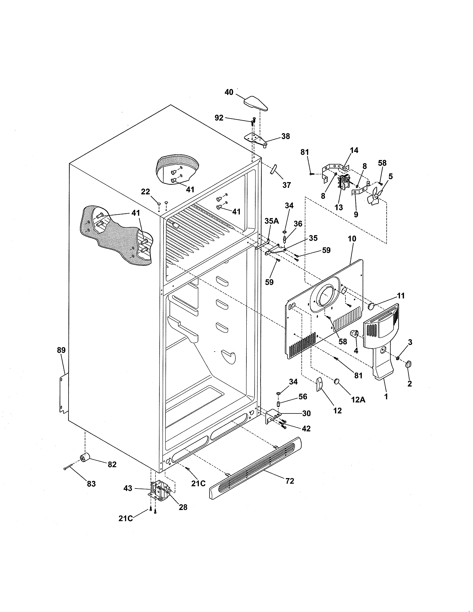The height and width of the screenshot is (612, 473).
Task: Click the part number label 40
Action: point(229,92)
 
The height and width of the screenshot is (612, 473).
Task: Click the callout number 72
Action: point(290,481)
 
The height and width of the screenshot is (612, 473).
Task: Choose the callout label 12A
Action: point(358,400)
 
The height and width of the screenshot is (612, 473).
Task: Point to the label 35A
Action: point(272,221)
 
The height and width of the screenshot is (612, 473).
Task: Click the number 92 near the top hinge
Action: point(219,118)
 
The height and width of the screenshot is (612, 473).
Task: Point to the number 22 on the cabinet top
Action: point(145,192)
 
